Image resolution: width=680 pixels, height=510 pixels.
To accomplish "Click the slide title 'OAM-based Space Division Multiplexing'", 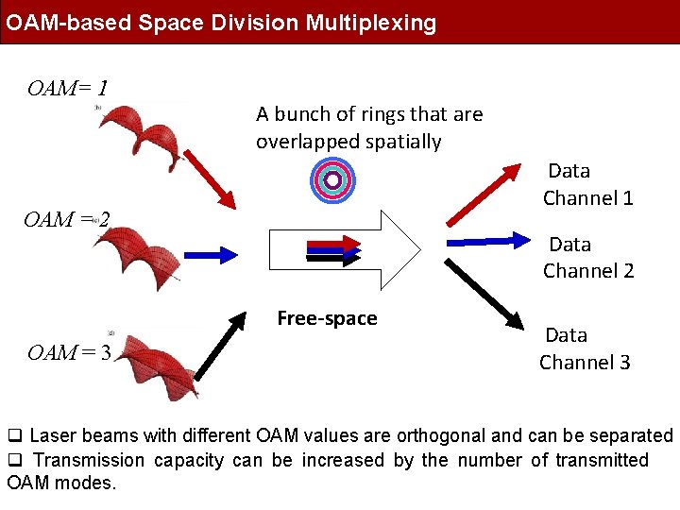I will point(221,23).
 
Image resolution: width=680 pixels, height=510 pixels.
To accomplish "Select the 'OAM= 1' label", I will point(67,90).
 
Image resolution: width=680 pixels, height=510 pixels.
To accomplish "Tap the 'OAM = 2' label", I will point(66,220).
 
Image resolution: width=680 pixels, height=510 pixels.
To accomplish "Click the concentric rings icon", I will point(331,179).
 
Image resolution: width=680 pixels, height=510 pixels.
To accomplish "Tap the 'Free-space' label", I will point(327,318).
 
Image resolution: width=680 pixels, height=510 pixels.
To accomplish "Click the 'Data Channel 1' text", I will point(587,184).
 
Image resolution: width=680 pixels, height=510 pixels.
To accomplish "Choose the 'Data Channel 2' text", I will point(588,257).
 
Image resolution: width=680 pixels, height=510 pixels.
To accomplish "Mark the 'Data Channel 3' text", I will point(585,348).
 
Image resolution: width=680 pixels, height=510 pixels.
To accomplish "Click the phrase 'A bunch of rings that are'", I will point(369,114).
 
